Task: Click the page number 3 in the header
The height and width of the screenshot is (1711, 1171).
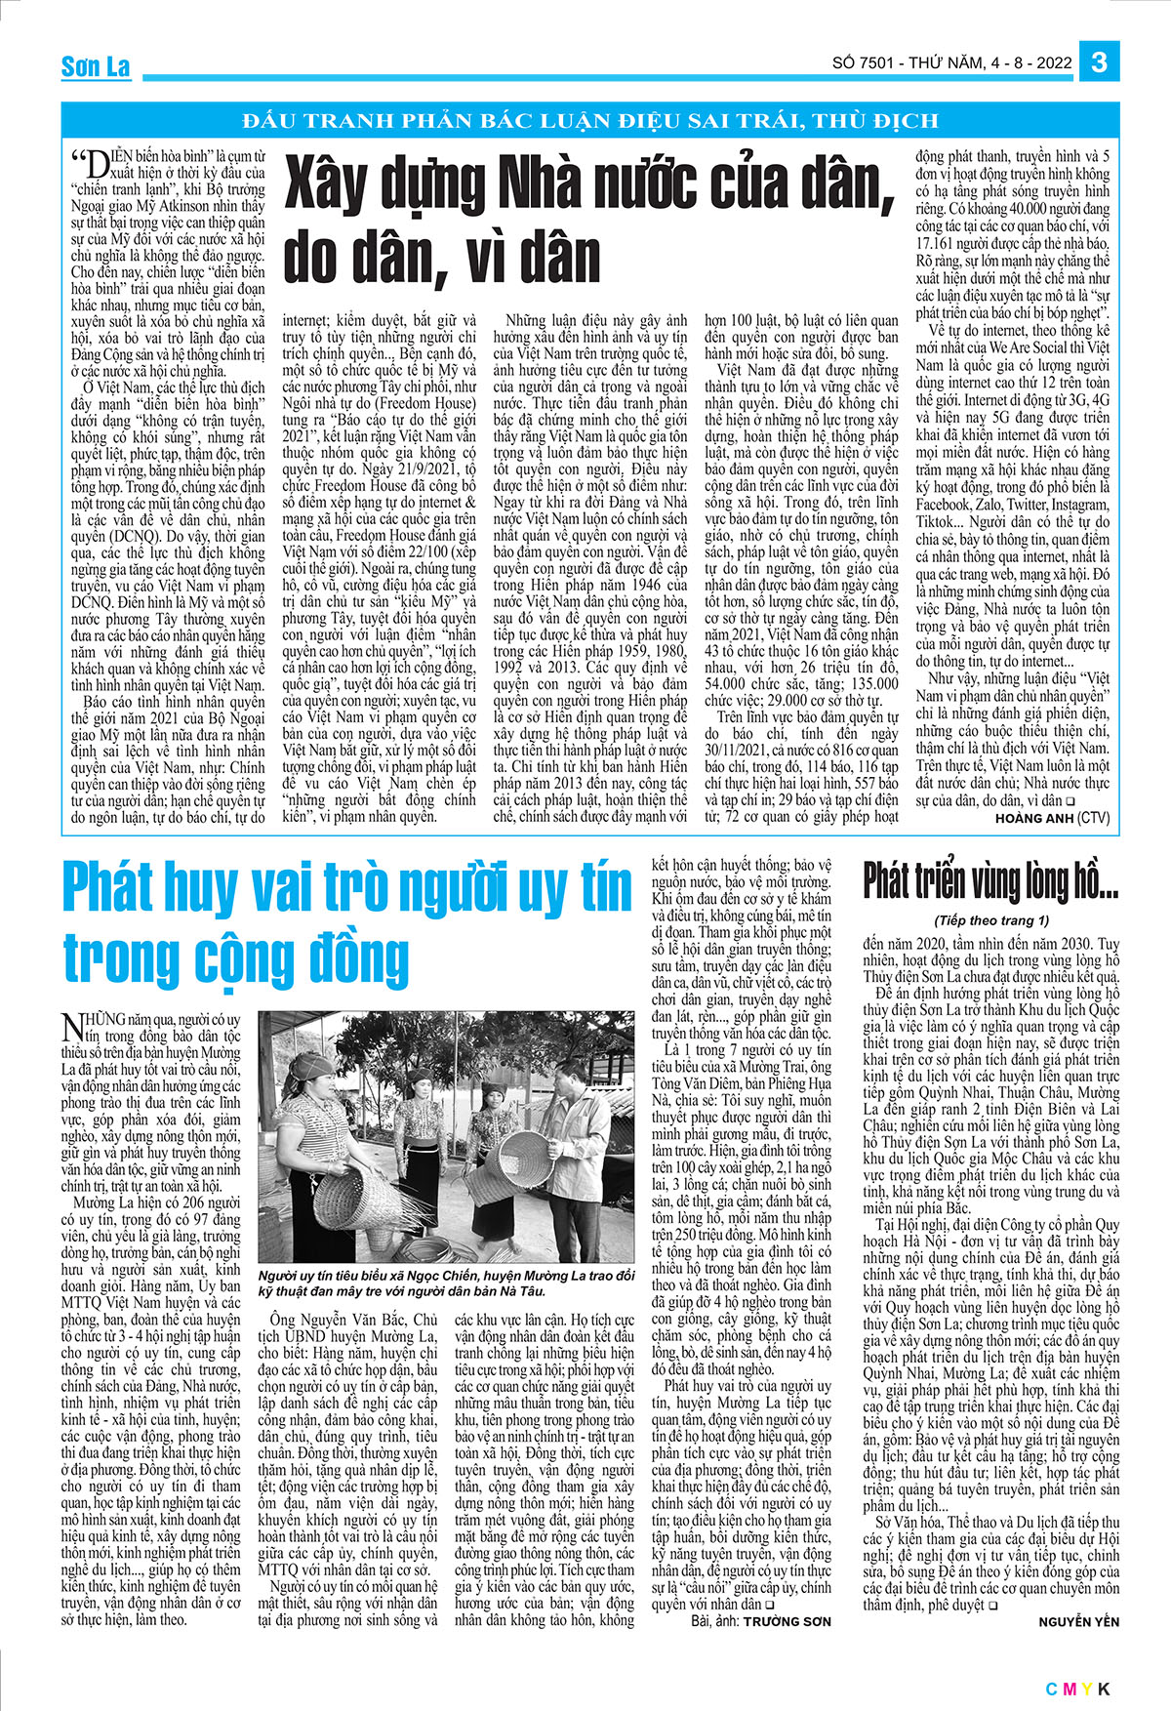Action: (1099, 61)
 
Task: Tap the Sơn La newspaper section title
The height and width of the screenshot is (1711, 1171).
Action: (95, 66)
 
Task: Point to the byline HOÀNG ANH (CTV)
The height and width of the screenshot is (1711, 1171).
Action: (1052, 818)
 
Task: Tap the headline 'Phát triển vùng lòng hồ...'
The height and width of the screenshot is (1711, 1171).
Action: (989, 881)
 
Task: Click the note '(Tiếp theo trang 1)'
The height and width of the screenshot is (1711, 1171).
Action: (990, 919)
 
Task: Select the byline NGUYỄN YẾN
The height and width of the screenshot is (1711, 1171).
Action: (1080, 1621)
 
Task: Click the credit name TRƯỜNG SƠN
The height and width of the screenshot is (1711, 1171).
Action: (787, 1621)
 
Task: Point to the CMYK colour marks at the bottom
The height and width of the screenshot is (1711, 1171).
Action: (1078, 1690)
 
